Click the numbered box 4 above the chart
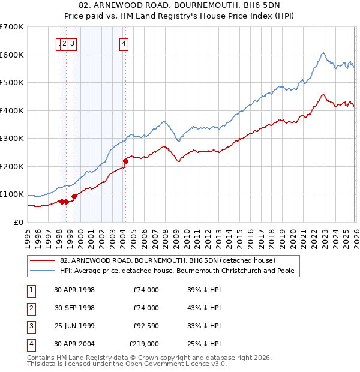coord(124,43)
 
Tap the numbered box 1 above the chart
coord(60,43)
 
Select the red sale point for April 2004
coord(125,161)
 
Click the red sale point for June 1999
coord(74,196)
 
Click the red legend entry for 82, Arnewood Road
coord(167,260)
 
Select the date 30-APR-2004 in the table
coord(74,344)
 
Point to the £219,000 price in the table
coord(144,344)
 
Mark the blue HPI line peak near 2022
coord(323,53)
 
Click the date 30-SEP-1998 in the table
coord(74,308)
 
